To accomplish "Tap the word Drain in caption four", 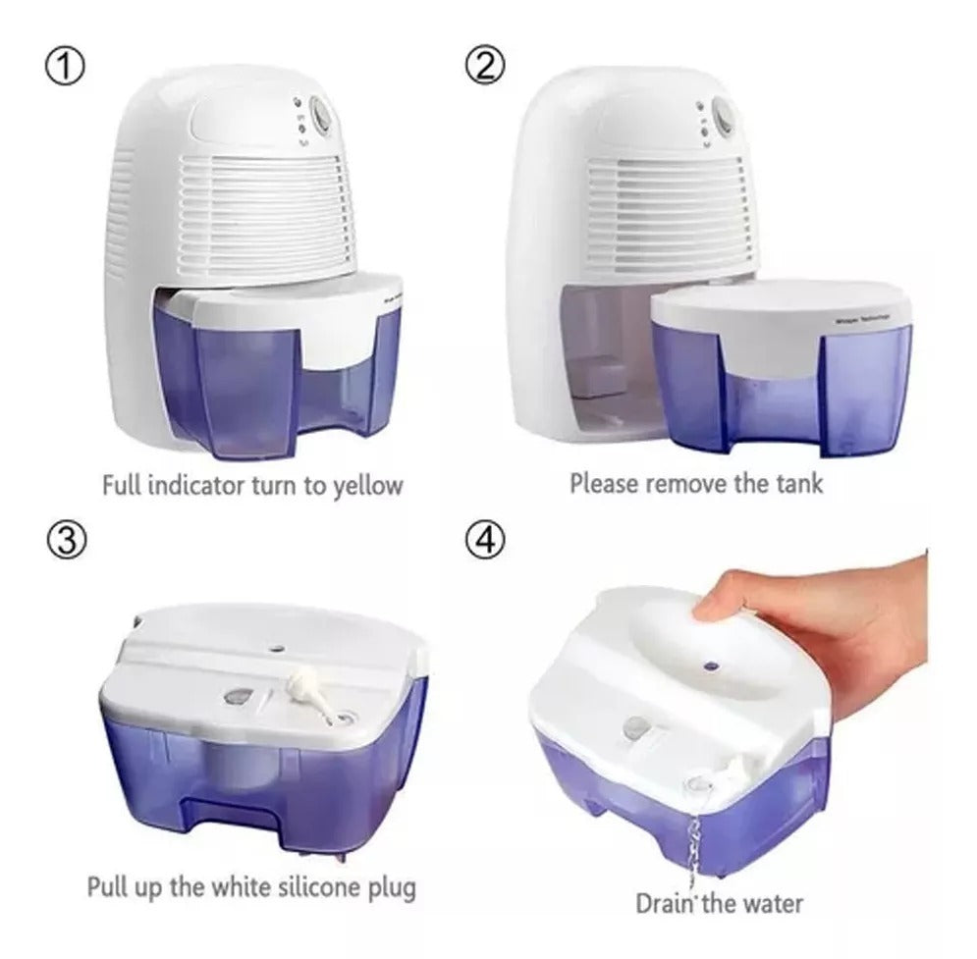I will coord(664,903).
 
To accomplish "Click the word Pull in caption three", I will coord(110,889).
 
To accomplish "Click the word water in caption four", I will coord(770,903).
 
